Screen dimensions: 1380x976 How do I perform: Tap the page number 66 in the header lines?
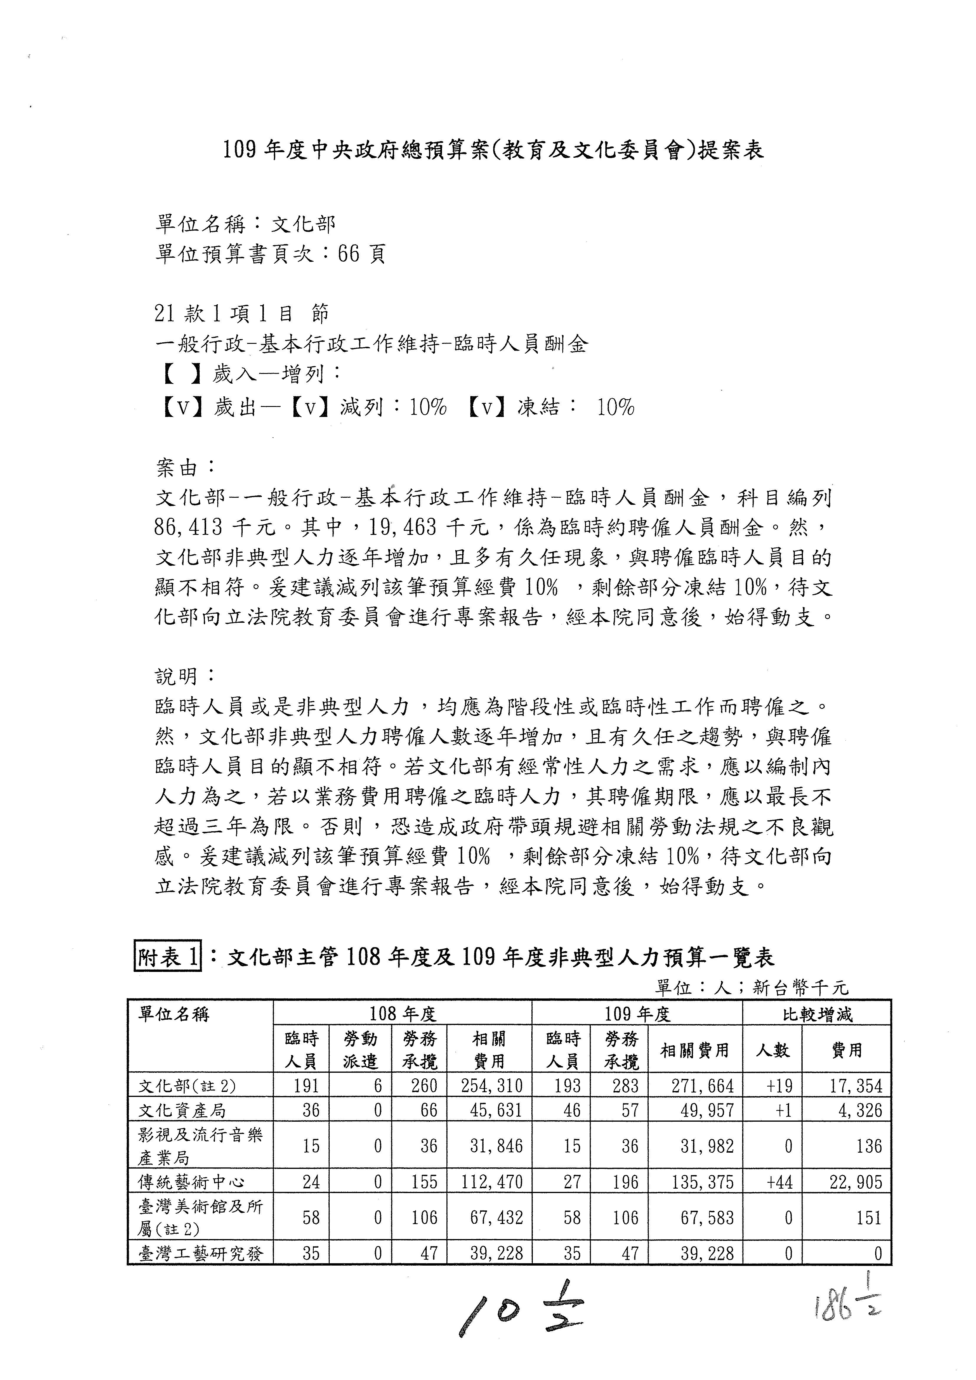[349, 254]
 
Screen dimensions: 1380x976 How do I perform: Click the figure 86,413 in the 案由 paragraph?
[188, 527]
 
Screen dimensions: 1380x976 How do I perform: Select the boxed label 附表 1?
[168, 957]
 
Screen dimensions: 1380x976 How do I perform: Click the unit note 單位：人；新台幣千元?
[751, 987]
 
